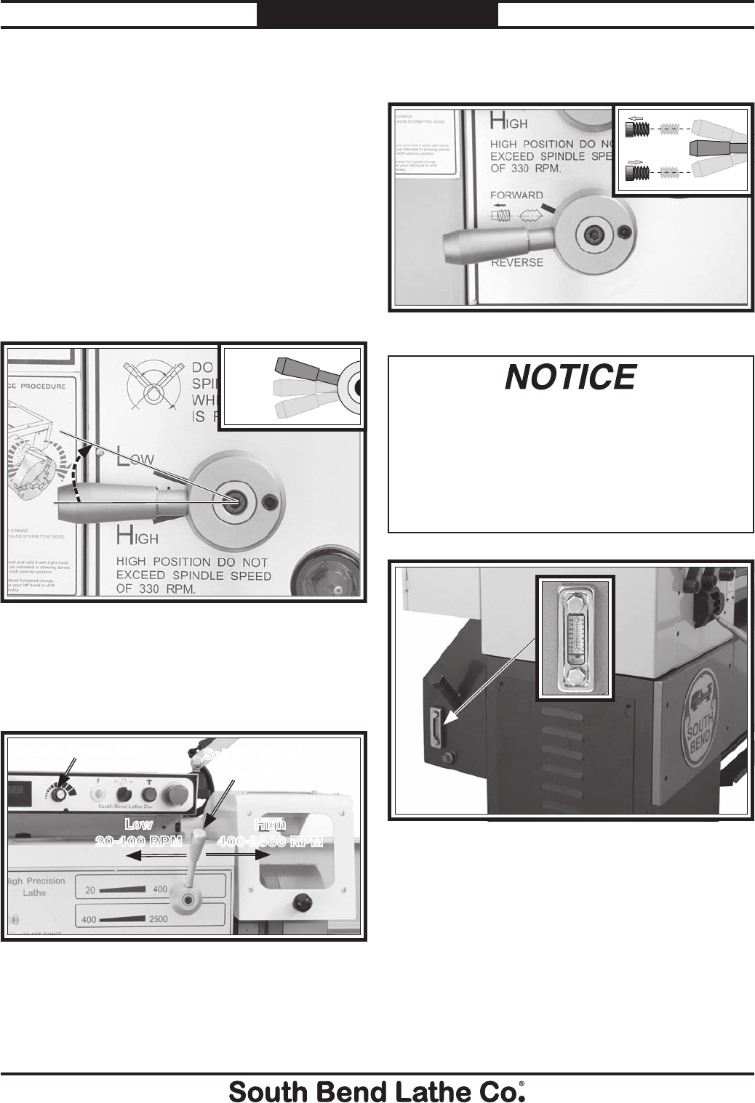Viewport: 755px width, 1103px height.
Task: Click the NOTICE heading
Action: (x=570, y=377)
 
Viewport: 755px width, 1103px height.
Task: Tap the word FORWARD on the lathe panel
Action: (x=516, y=195)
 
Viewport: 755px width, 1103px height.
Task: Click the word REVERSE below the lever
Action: (x=516, y=262)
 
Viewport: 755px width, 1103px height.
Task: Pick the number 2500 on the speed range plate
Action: (x=157, y=919)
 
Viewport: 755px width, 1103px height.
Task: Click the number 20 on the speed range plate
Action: (x=91, y=889)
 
